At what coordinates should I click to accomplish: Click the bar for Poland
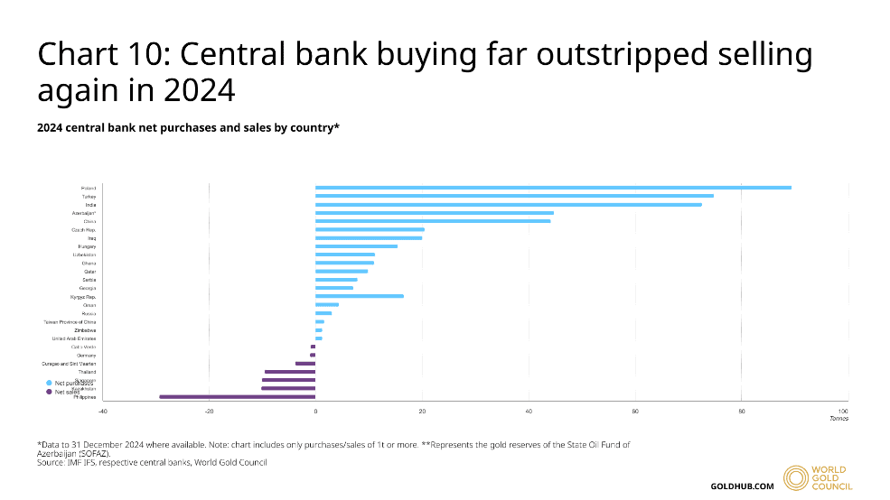click(553, 188)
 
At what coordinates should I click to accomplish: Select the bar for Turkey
click(514, 196)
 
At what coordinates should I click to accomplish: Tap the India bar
click(508, 205)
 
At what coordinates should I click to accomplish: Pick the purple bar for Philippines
click(238, 397)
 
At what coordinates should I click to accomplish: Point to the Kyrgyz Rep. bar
click(360, 296)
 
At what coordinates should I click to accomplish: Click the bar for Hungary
click(356, 246)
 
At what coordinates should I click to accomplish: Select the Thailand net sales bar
click(290, 372)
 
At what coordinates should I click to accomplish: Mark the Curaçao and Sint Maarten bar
click(305, 364)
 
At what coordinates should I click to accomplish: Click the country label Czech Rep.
click(83, 229)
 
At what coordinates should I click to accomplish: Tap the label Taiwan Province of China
click(70, 321)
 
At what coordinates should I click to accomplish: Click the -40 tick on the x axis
click(103, 412)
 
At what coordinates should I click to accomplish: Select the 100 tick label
click(843, 412)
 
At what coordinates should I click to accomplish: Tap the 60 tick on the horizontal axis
click(635, 412)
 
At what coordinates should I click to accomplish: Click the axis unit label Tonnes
click(838, 419)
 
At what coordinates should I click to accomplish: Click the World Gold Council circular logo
click(796, 478)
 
